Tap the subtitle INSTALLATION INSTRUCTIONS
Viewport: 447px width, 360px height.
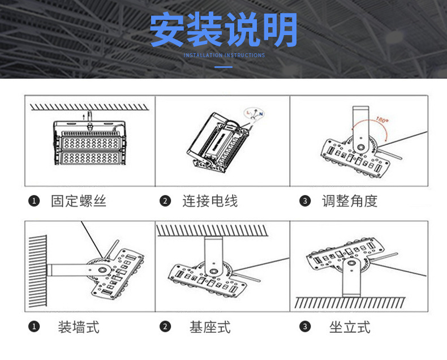point(224,55)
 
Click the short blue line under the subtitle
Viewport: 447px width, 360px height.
point(224,67)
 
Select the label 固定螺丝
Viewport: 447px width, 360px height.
point(79,201)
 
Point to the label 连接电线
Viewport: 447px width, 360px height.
point(210,201)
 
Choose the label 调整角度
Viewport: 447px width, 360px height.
point(350,201)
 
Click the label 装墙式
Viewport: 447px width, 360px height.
point(79,327)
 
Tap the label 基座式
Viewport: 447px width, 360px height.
point(210,327)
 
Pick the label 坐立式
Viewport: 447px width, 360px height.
point(350,327)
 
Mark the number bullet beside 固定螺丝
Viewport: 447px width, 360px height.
point(35,202)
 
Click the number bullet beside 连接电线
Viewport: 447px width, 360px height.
point(165,202)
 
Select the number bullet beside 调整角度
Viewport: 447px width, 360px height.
point(305,202)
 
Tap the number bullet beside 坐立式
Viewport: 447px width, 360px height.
point(305,327)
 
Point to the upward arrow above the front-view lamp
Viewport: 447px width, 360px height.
point(85,115)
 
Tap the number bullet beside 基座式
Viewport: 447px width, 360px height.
point(165,327)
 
